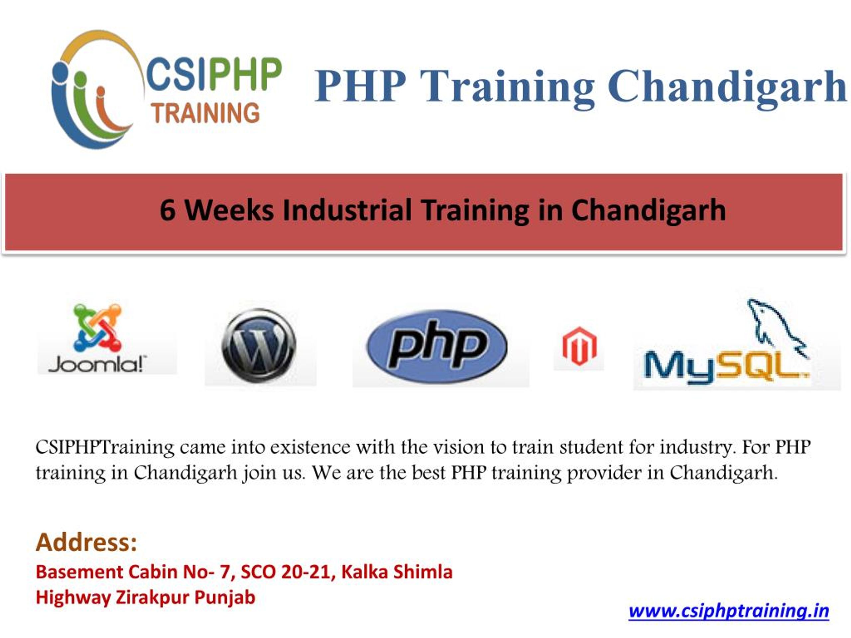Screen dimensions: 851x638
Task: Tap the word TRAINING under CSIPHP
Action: [x=205, y=113]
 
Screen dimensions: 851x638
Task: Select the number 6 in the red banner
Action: [x=168, y=210]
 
